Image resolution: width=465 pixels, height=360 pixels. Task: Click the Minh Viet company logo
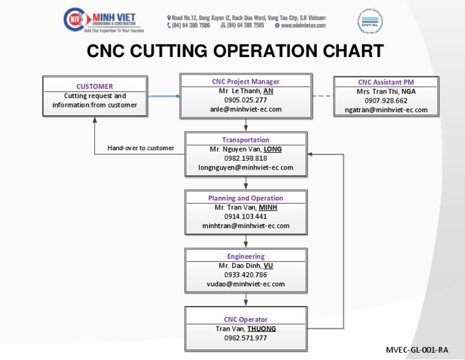coord(101,19)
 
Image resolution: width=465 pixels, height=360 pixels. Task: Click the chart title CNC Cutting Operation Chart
coord(235,52)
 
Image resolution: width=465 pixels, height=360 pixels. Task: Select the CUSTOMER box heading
coord(94,86)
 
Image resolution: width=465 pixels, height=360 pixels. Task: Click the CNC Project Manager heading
coord(246,81)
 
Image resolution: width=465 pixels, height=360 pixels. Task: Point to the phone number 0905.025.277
coord(246,99)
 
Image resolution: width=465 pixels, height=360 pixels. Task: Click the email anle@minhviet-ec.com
coord(246,109)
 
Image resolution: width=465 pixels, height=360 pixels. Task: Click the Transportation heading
coord(246,139)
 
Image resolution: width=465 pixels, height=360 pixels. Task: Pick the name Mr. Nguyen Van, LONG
coord(246,149)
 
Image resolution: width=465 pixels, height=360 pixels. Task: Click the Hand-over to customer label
coord(140,148)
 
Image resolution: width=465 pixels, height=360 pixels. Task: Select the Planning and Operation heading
coord(246,198)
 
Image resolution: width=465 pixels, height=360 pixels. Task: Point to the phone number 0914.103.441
coord(246,216)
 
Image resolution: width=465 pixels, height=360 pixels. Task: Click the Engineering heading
coord(246,256)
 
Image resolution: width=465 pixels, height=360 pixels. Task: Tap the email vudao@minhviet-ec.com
coord(246,284)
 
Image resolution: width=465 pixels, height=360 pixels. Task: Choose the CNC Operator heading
coord(246,319)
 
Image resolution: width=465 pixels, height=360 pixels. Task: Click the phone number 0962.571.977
coord(246,338)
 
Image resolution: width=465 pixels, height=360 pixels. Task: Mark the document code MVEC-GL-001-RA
coord(417,350)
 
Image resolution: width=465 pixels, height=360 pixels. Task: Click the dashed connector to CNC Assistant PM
coord(323,96)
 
